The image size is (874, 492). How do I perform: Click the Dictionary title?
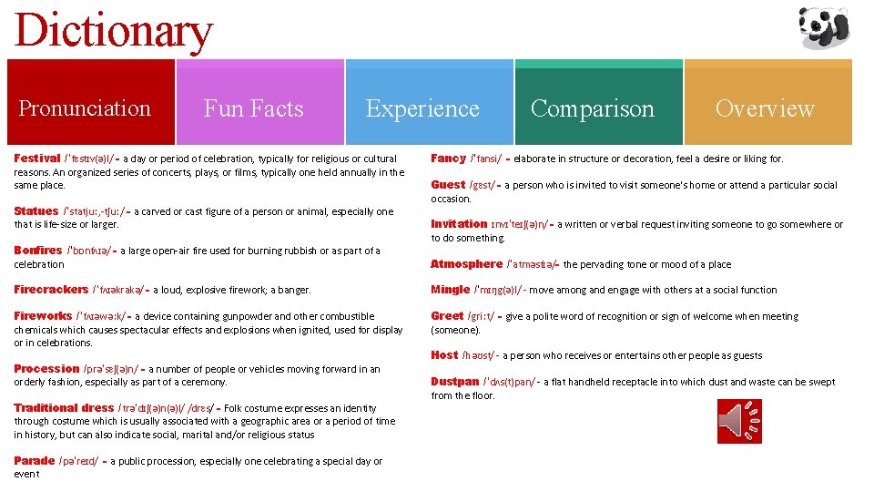pos(114,31)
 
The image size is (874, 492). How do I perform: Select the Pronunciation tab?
pos(85,108)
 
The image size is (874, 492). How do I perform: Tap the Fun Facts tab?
pos(253,108)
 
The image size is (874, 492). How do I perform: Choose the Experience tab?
pos(422,108)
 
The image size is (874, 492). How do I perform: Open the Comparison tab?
pos(592,108)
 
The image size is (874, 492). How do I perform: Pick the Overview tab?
pos(765,108)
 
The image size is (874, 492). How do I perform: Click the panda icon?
pos(825,27)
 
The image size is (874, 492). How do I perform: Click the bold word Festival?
pos(37,159)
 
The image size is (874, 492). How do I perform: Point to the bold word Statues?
pos(36,211)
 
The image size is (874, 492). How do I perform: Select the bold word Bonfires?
pos(38,251)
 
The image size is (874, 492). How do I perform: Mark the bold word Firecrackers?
pos(51,290)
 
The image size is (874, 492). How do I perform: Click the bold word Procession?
pos(46,369)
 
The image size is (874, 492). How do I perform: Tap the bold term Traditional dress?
pos(64,408)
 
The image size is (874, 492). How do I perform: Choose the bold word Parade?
pos(35,461)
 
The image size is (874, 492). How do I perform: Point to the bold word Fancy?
pos(448,159)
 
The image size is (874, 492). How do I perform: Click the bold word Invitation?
pos(459,224)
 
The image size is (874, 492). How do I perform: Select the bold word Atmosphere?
pos(466,264)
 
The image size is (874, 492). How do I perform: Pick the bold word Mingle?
pos(451,290)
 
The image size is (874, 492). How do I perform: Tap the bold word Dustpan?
pos(455,382)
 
